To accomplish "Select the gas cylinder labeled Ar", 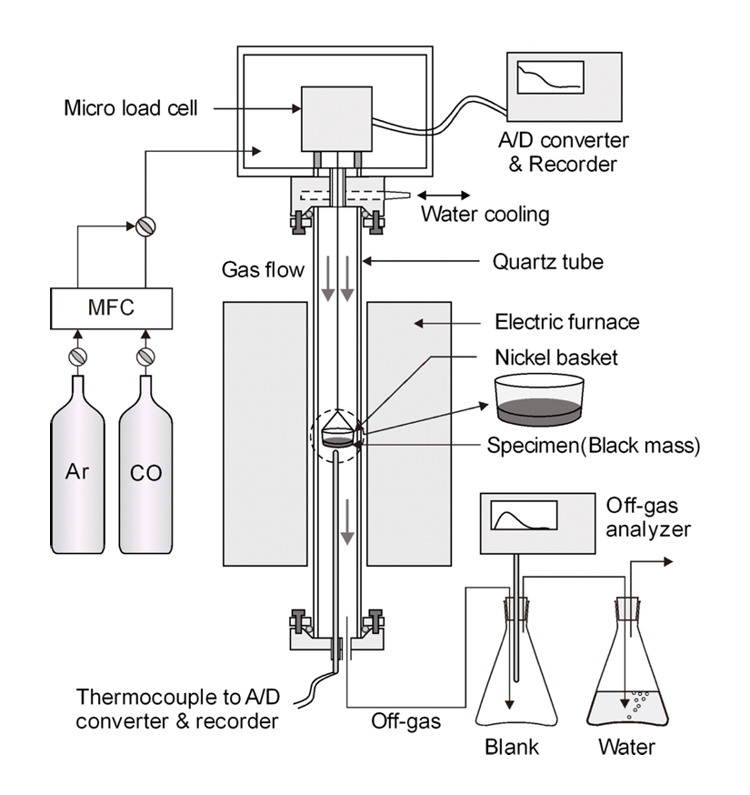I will (78, 473).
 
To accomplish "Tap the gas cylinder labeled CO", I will (146, 473).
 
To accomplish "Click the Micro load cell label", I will (130, 109).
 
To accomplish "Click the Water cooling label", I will (485, 215).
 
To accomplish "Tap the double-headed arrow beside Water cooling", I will (445, 195).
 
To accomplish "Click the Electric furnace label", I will (566, 321).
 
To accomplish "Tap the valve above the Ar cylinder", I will (78, 356).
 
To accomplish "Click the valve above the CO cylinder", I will (146, 356).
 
